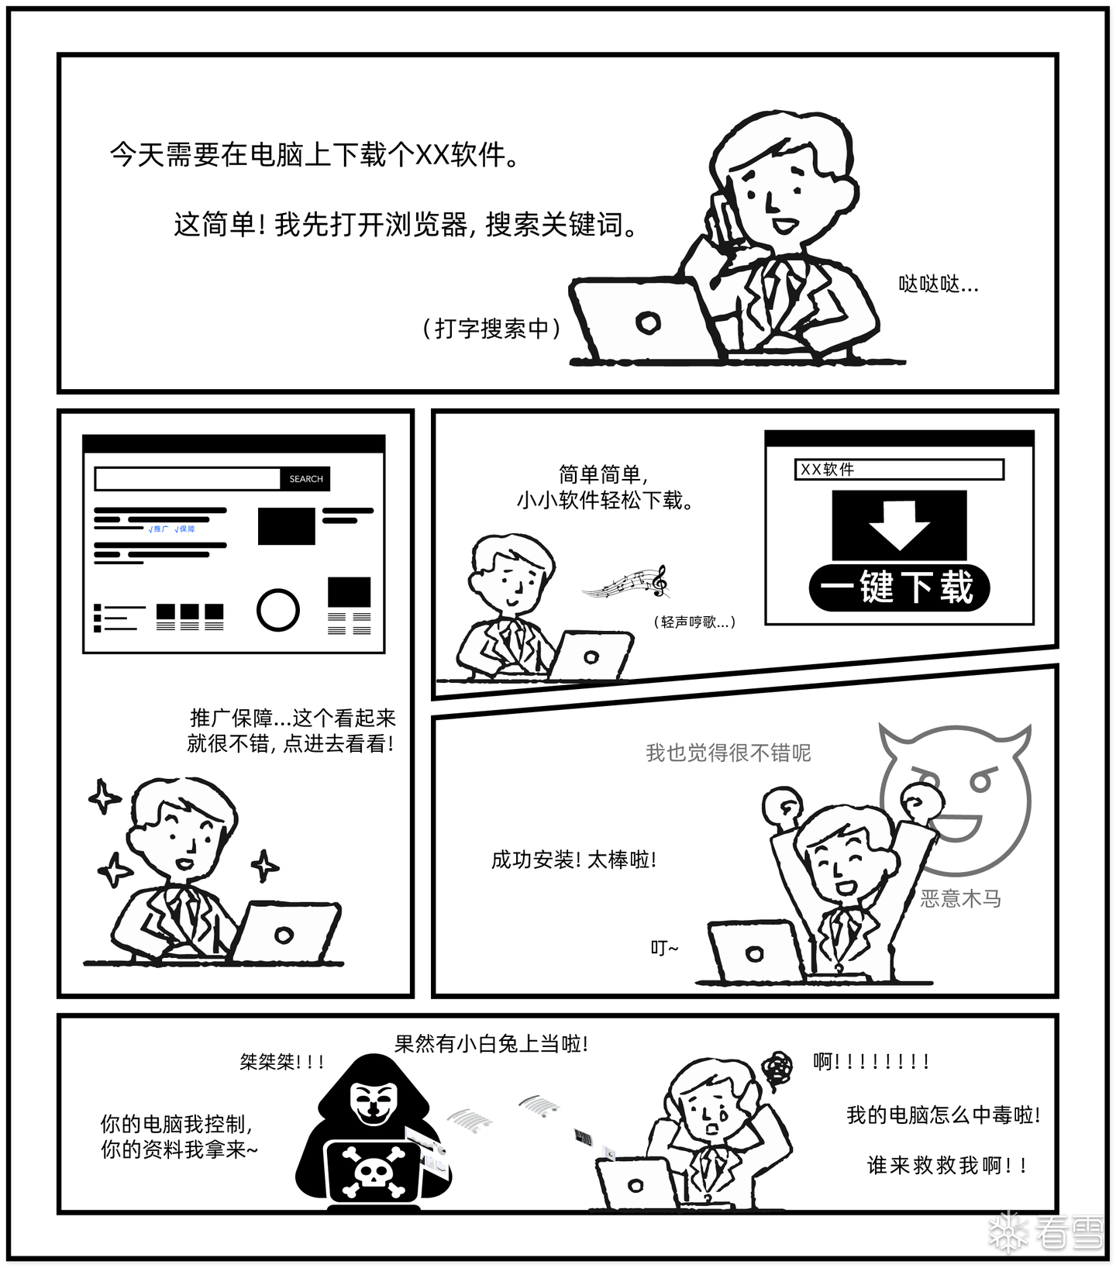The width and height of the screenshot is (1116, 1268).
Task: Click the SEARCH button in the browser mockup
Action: tap(305, 479)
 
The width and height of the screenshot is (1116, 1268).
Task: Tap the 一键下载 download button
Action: tap(899, 587)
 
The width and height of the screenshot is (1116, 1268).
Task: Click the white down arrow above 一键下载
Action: tap(899, 525)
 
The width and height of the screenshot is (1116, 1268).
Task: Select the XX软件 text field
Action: tap(899, 470)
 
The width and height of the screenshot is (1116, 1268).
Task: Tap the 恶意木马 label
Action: tap(960, 899)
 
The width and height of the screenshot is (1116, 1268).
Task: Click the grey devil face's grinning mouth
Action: tap(960, 827)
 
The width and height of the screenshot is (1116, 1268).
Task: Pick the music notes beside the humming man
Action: tap(626, 581)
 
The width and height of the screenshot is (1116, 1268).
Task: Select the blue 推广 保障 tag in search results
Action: tap(171, 529)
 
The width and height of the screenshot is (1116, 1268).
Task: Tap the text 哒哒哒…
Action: tap(939, 284)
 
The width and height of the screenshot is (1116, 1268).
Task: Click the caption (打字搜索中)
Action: tap(491, 329)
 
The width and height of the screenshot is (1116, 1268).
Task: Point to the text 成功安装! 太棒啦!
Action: tap(573, 860)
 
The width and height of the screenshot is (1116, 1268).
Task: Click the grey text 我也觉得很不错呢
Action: tap(728, 753)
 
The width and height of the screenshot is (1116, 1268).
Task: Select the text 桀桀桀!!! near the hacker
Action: tap(282, 1061)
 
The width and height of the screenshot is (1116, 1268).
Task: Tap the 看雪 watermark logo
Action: tap(1046, 1231)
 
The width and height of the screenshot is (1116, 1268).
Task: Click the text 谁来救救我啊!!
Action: tap(948, 1165)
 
